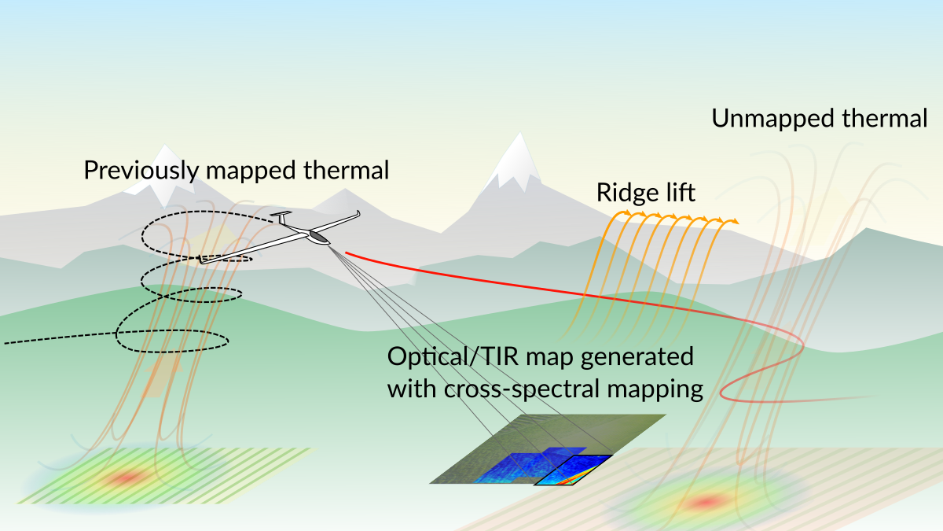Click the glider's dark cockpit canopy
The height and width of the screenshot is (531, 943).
tap(318, 235)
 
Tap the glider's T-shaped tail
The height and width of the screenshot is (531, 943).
tap(279, 216)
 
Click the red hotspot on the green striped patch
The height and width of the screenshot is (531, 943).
tap(126, 477)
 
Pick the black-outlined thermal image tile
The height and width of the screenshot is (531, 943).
tap(574, 470)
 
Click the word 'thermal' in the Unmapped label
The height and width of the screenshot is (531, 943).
tap(883, 120)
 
